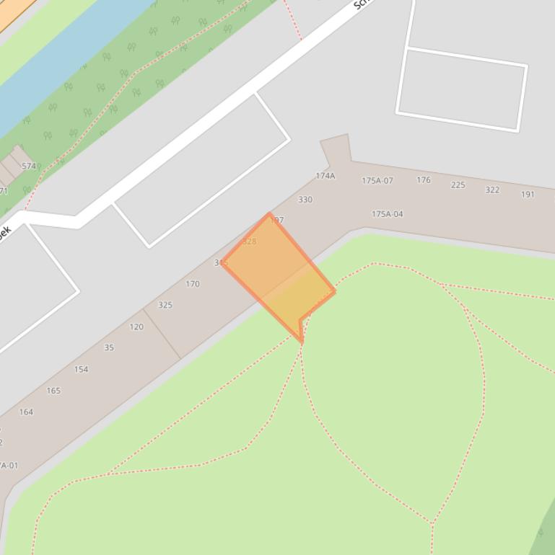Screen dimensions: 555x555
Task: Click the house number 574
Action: pyautogui.click(x=28, y=166)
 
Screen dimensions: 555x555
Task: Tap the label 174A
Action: pyautogui.click(x=325, y=176)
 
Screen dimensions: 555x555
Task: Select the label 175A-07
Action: pyautogui.click(x=377, y=181)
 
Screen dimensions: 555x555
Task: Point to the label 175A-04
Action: pyautogui.click(x=388, y=214)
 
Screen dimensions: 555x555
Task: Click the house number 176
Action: pyautogui.click(x=424, y=180)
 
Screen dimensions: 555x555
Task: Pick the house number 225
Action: pyautogui.click(x=458, y=185)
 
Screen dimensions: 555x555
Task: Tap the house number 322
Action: pyautogui.click(x=492, y=190)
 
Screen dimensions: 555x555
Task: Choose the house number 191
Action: pyautogui.click(x=528, y=195)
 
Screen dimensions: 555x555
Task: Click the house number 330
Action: pyautogui.click(x=305, y=200)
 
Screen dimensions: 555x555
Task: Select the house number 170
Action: pyautogui.click(x=193, y=284)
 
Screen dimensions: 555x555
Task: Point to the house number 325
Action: pyautogui.click(x=165, y=306)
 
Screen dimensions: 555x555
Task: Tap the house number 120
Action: pyautogui.click(x=136, y=327)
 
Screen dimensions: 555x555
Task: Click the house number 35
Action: pyautogui.click(x=109, y=347)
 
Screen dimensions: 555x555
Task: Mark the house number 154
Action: pyautogui.click(x=81, y=370)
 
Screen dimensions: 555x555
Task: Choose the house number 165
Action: pyautogui.click(x=53, y=391)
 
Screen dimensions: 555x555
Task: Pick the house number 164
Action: pyautogui.click(x=26, y=412)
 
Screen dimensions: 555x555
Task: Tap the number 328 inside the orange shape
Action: pyautogui.click(x=249, y=241)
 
